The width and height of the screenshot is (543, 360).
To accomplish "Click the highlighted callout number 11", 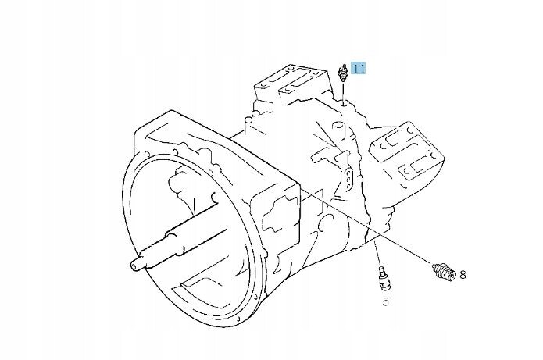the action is coord(359,68).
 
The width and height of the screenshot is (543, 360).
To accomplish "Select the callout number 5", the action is coord(385,301).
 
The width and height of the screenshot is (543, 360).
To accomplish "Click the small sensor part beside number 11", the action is coord(342,73).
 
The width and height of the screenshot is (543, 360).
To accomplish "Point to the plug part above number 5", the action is coord(384,279).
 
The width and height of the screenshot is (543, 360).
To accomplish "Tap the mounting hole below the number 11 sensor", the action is coord(342,103).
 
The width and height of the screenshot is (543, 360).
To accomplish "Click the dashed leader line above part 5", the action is coord(377,255).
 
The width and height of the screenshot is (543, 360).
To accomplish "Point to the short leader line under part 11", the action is coord(342,91).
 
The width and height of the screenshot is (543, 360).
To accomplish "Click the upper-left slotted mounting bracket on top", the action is coord(290,84).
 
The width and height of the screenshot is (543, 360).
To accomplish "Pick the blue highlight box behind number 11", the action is coord(359,68).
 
